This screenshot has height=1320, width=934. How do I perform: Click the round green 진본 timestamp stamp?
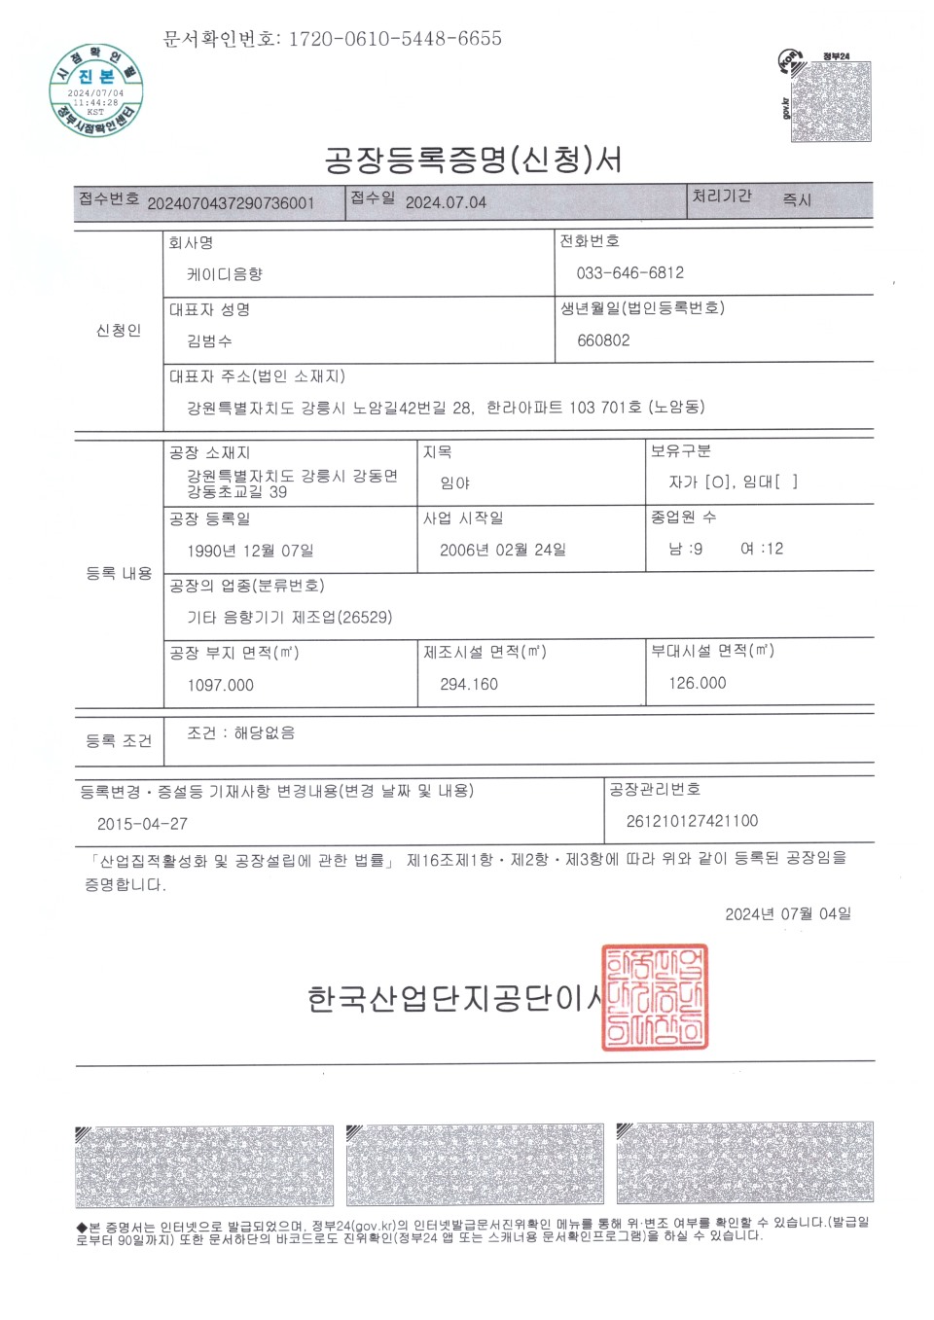[x=96, y=89]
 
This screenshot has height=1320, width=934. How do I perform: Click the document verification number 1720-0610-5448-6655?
[x=395, y=39]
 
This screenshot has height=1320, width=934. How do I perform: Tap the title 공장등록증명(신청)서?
[x=473, y=160]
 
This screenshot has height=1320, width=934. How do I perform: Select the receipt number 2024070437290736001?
[x=231, y=203]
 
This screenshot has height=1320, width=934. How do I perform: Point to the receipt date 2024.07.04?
[x=446, y=202]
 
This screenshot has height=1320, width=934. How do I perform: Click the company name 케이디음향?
[x=225, y=274]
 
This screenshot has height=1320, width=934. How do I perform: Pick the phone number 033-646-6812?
[x=629, y=273]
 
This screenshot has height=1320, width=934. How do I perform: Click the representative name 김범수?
[x=209, y=341]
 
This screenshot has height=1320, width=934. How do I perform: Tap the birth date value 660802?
[x=603, y=340]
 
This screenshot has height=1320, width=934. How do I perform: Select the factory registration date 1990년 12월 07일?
[x=250, y=551]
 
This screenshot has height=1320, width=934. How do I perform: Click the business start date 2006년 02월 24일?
[x=502, y=550]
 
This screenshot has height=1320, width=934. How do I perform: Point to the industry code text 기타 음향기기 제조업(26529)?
[x=289, y=618]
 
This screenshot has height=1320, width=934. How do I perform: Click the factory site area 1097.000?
[x=220, y=685]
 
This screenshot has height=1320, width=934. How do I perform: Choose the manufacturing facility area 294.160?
[x=468, y=684]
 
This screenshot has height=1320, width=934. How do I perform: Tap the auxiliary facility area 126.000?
[x=697, y=683]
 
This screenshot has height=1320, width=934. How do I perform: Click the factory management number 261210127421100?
[x=692, y=821]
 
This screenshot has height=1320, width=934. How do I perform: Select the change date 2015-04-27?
[x=142, y=824]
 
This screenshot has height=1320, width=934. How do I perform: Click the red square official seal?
[x=655, y=997]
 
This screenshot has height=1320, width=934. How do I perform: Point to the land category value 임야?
[x=454, y=482]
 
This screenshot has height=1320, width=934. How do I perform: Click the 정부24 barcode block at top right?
[x=830, y=101]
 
